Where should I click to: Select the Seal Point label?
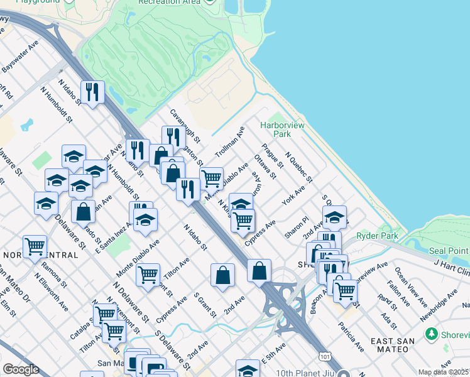click(x=449, y=251)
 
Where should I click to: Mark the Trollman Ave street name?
click(x=229, y=143)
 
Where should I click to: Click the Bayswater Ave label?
click(x=20, y=55)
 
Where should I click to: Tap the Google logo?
click(x=21, y=369)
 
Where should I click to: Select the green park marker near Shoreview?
click(x=431, y=334)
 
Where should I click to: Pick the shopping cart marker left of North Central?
click(x=35, y=246)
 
